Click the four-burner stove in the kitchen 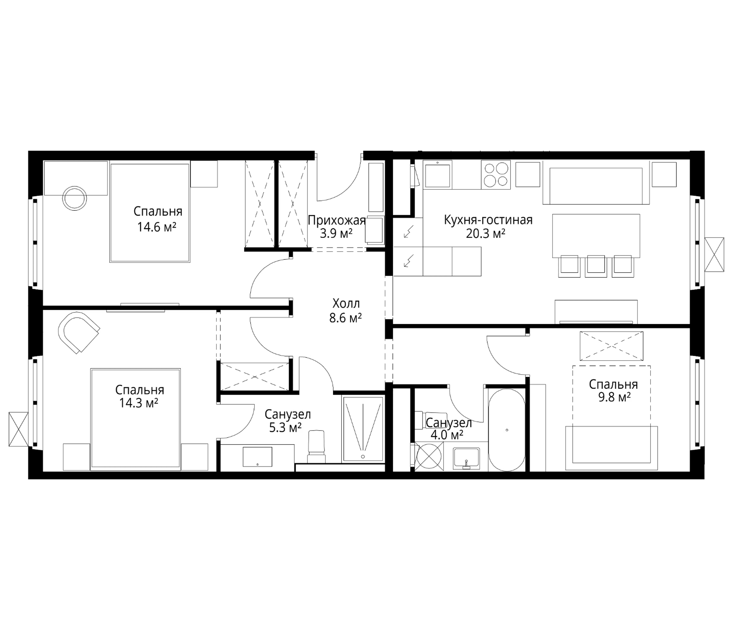(496, 175)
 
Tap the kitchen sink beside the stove (438, 175)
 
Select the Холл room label (346, 304)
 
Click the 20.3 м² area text (485, 234)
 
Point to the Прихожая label (337, 220)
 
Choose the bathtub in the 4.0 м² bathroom (507, 429)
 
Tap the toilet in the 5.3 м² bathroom (316, 447)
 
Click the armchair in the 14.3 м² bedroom (79, 332)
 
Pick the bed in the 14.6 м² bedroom (150, 212)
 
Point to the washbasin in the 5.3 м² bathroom (258, 457)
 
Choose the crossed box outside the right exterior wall (714, 255)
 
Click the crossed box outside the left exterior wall (19, 429)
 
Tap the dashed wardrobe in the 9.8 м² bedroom (611, 345)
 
